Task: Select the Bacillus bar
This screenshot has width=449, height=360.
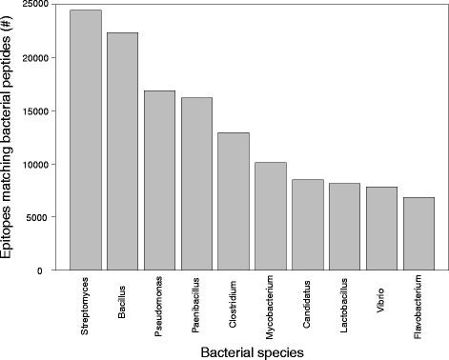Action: [x=122, y=151]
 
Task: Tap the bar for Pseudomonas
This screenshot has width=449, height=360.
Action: [x=159, y=180]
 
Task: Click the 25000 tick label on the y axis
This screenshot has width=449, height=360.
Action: [x=39, y=5]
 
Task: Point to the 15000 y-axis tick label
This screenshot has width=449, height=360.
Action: [x=39, y=111]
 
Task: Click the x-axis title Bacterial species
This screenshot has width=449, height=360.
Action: [x=252, y=351]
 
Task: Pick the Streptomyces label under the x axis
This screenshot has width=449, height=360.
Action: [x=87, y=301]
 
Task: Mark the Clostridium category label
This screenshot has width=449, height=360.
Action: [x=235, y=298]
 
